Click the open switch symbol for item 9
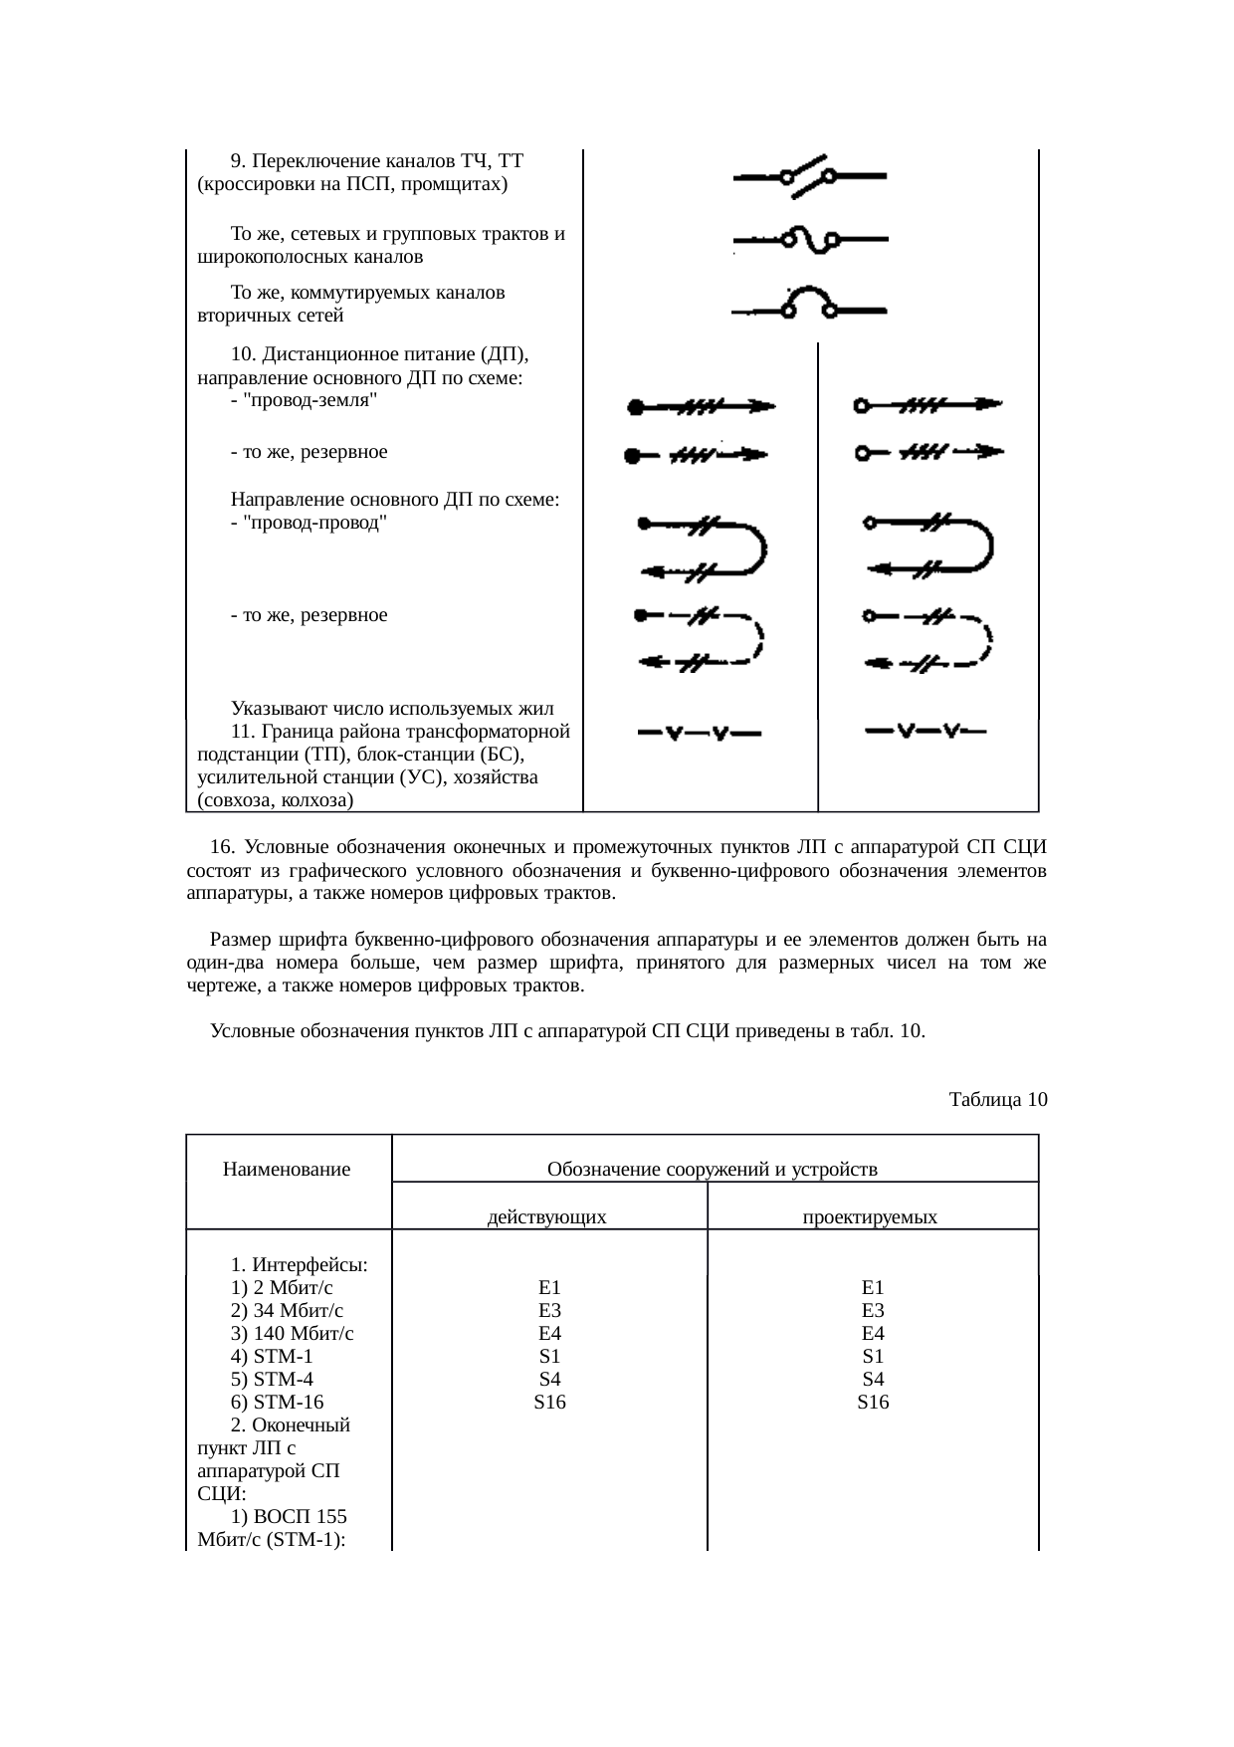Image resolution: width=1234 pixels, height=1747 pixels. [808, 174]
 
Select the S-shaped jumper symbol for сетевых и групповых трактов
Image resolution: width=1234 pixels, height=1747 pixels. [810, 240]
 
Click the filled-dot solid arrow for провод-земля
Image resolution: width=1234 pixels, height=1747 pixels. [700, 406]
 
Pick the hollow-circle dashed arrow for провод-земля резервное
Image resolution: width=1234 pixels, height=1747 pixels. [928, 453]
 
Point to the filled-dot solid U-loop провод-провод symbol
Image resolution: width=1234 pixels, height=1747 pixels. [703, 546]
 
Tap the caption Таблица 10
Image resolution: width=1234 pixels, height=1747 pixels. [997, 1099]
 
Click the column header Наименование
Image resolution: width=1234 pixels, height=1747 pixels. [287, 1169]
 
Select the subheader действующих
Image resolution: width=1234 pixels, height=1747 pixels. [547, 1216]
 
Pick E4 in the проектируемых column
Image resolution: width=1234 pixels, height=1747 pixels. [873, 1333]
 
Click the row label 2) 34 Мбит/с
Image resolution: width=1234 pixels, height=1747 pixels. [287, 1310]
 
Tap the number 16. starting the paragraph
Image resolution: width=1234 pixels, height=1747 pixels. [223, 847]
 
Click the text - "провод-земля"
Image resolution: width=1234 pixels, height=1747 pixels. [303, 400]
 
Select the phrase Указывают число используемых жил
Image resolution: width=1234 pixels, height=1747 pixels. [392, 709]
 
